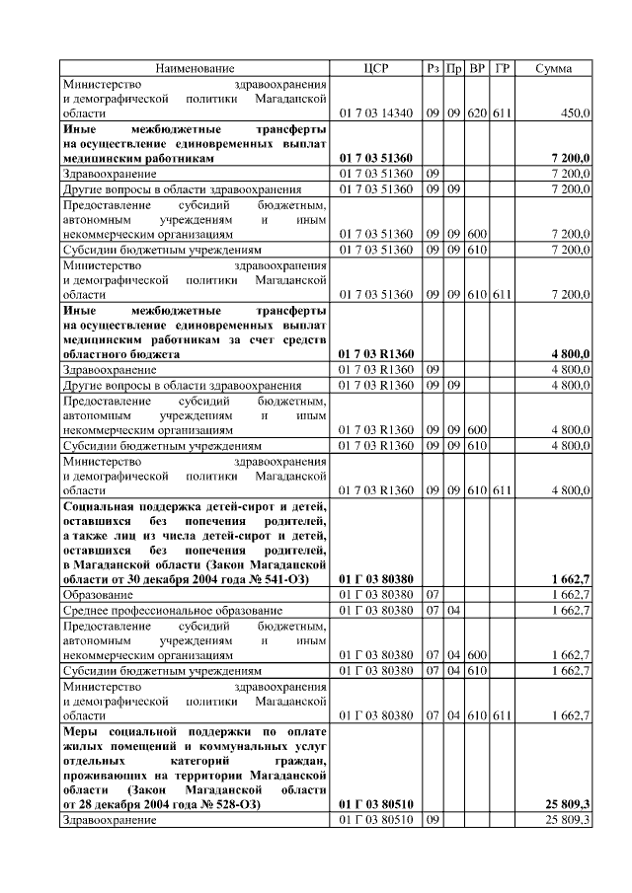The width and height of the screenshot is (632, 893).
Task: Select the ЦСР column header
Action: [376, 68]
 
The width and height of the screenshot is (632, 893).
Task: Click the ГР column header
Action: [502, 68]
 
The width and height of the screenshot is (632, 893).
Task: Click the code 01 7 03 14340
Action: [376, 114]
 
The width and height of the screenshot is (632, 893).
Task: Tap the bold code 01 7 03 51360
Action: [376, 158]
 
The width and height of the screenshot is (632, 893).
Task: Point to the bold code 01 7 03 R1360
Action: [376, 353]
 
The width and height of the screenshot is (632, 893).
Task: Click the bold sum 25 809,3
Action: [568, 805]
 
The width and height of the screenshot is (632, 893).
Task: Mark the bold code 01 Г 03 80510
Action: [376, 805]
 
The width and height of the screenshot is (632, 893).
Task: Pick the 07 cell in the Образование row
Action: [432, 596]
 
